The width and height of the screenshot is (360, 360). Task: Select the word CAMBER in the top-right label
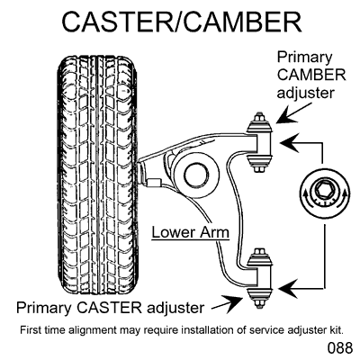tap(310, 75)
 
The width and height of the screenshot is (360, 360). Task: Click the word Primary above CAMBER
tap(310, 56)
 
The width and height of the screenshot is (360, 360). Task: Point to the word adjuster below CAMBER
tap(310, 94)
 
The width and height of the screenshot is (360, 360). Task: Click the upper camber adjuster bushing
tap(260, 140)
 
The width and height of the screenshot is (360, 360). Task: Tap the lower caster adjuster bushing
tap(260, 276)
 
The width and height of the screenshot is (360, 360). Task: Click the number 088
tap(332, 346)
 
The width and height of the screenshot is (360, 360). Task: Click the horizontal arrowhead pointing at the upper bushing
tap(288, 140)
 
